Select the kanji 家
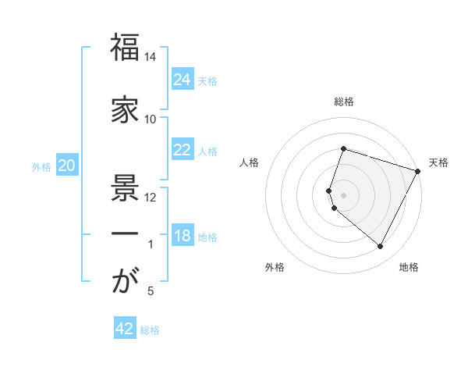125,110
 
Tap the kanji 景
125,185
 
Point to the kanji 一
125,234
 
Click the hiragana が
125,282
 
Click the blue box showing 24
183,80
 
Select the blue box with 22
183,150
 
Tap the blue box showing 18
183,237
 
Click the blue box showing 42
125,329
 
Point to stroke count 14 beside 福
151,57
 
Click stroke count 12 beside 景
151,197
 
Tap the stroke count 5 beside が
151,291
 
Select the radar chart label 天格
438,162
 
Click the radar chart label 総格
344,102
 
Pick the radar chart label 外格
275,267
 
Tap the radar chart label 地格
409,267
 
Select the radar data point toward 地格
381,247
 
